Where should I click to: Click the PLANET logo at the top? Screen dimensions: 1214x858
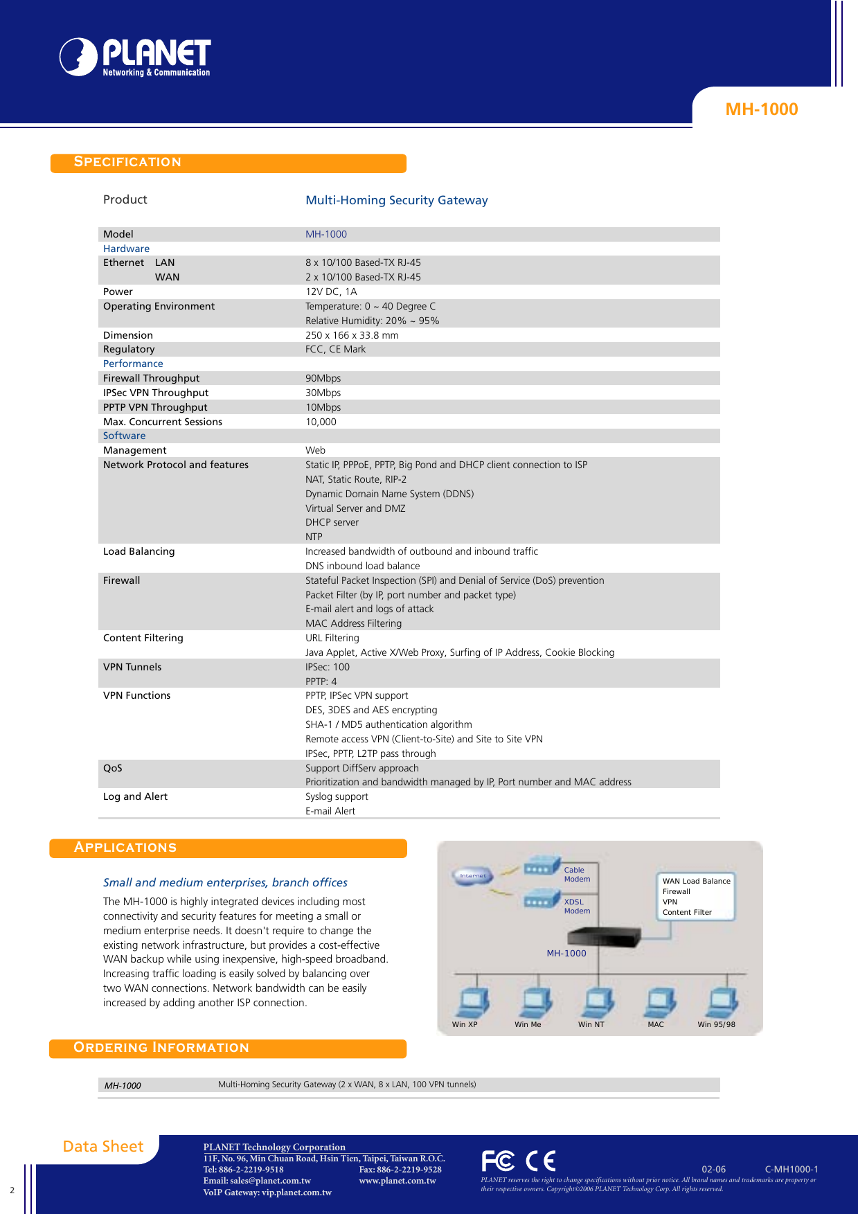click(x=135, y=57)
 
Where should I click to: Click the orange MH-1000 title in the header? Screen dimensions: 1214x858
click(x=761, y=109)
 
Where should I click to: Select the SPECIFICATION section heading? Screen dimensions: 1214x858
click(x=128, y=162)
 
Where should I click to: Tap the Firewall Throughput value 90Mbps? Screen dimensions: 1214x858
click(x=323, y=378)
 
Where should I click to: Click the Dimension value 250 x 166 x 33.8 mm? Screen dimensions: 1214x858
click(x=352, y=335)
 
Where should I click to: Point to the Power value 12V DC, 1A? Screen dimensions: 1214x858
click(x=331, y=292)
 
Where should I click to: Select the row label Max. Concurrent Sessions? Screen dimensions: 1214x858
click(x=163, y=422)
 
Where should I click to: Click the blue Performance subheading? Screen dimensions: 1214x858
click(x=133, y=364)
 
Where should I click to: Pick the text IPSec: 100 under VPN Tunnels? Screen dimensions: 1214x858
click(x=328, y=667)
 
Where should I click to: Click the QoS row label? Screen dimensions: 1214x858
click(x=113, y=768)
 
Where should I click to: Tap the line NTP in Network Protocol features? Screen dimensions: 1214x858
click(x=314, y=537)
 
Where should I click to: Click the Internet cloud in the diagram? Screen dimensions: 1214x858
click(x=473, y=876)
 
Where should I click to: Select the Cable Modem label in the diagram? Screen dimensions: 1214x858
click(x=576, y=875)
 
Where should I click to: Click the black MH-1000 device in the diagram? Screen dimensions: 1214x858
click(x=603, y=937)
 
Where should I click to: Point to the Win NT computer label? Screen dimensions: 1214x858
click(x=591, y=1024)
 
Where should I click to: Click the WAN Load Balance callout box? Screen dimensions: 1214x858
click(x=695, y=896)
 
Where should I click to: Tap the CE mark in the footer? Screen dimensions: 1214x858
click(x=540, y=1161)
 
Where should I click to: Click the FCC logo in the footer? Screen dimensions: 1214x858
click(x=498, y=1161)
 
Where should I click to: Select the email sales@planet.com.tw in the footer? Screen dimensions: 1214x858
click(x=257, y=1181)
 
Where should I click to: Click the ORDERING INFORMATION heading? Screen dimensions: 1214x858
click(x=161, y=1048)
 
